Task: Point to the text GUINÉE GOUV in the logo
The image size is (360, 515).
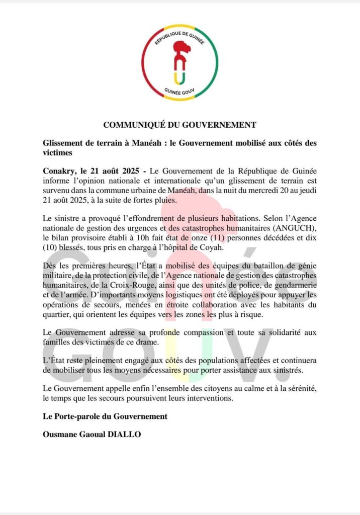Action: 180,92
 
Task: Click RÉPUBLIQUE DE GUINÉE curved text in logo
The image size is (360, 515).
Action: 180,36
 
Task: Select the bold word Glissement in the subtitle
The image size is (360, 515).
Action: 64,143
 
